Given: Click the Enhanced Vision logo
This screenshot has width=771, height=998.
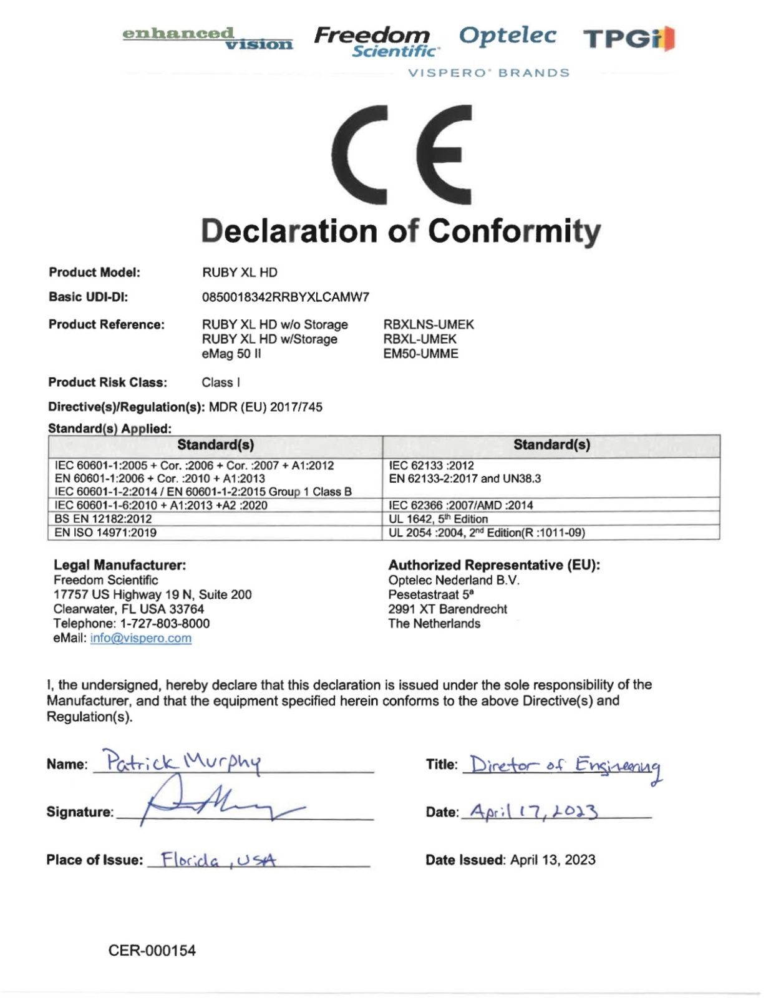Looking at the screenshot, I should click(207, 38).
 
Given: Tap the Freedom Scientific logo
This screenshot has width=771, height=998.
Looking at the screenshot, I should click(373, 41).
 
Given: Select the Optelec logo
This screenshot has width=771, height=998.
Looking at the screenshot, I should click(507, 36).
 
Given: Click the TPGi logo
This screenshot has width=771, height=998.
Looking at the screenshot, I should click(629, 39).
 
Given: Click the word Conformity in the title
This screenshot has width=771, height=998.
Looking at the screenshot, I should click(514, 231).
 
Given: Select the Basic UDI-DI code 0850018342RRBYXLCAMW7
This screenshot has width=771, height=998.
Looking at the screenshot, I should click(285, 298).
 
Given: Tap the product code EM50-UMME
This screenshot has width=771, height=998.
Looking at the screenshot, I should click(420, 354).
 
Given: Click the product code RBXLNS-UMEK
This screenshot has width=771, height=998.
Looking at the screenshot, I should click(429, 324).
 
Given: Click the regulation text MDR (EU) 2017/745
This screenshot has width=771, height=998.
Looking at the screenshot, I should click(265, 407).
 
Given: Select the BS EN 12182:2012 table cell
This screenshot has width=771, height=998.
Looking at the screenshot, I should click(103, 519).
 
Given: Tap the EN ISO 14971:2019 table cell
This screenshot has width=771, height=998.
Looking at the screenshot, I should click(105, 533).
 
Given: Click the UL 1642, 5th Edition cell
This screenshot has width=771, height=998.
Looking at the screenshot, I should click(438, 519).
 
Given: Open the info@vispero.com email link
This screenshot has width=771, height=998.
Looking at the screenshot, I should click(140, 638).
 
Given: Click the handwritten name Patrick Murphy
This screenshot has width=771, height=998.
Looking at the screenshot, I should click(183, 762).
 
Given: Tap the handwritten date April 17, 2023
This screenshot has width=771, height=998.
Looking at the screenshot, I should click(533, 811).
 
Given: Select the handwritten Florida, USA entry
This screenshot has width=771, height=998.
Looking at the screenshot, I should click(218, 860).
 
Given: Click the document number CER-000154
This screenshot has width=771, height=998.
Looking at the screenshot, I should click(152, 951).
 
